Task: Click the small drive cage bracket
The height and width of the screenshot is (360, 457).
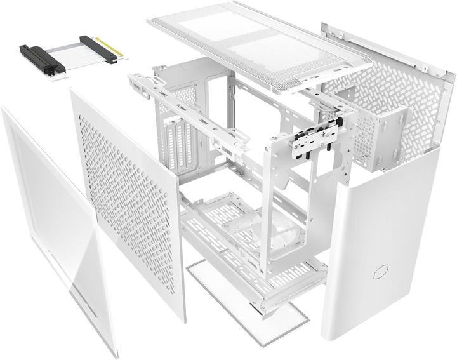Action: pyautogui.click(x=381, y=137)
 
